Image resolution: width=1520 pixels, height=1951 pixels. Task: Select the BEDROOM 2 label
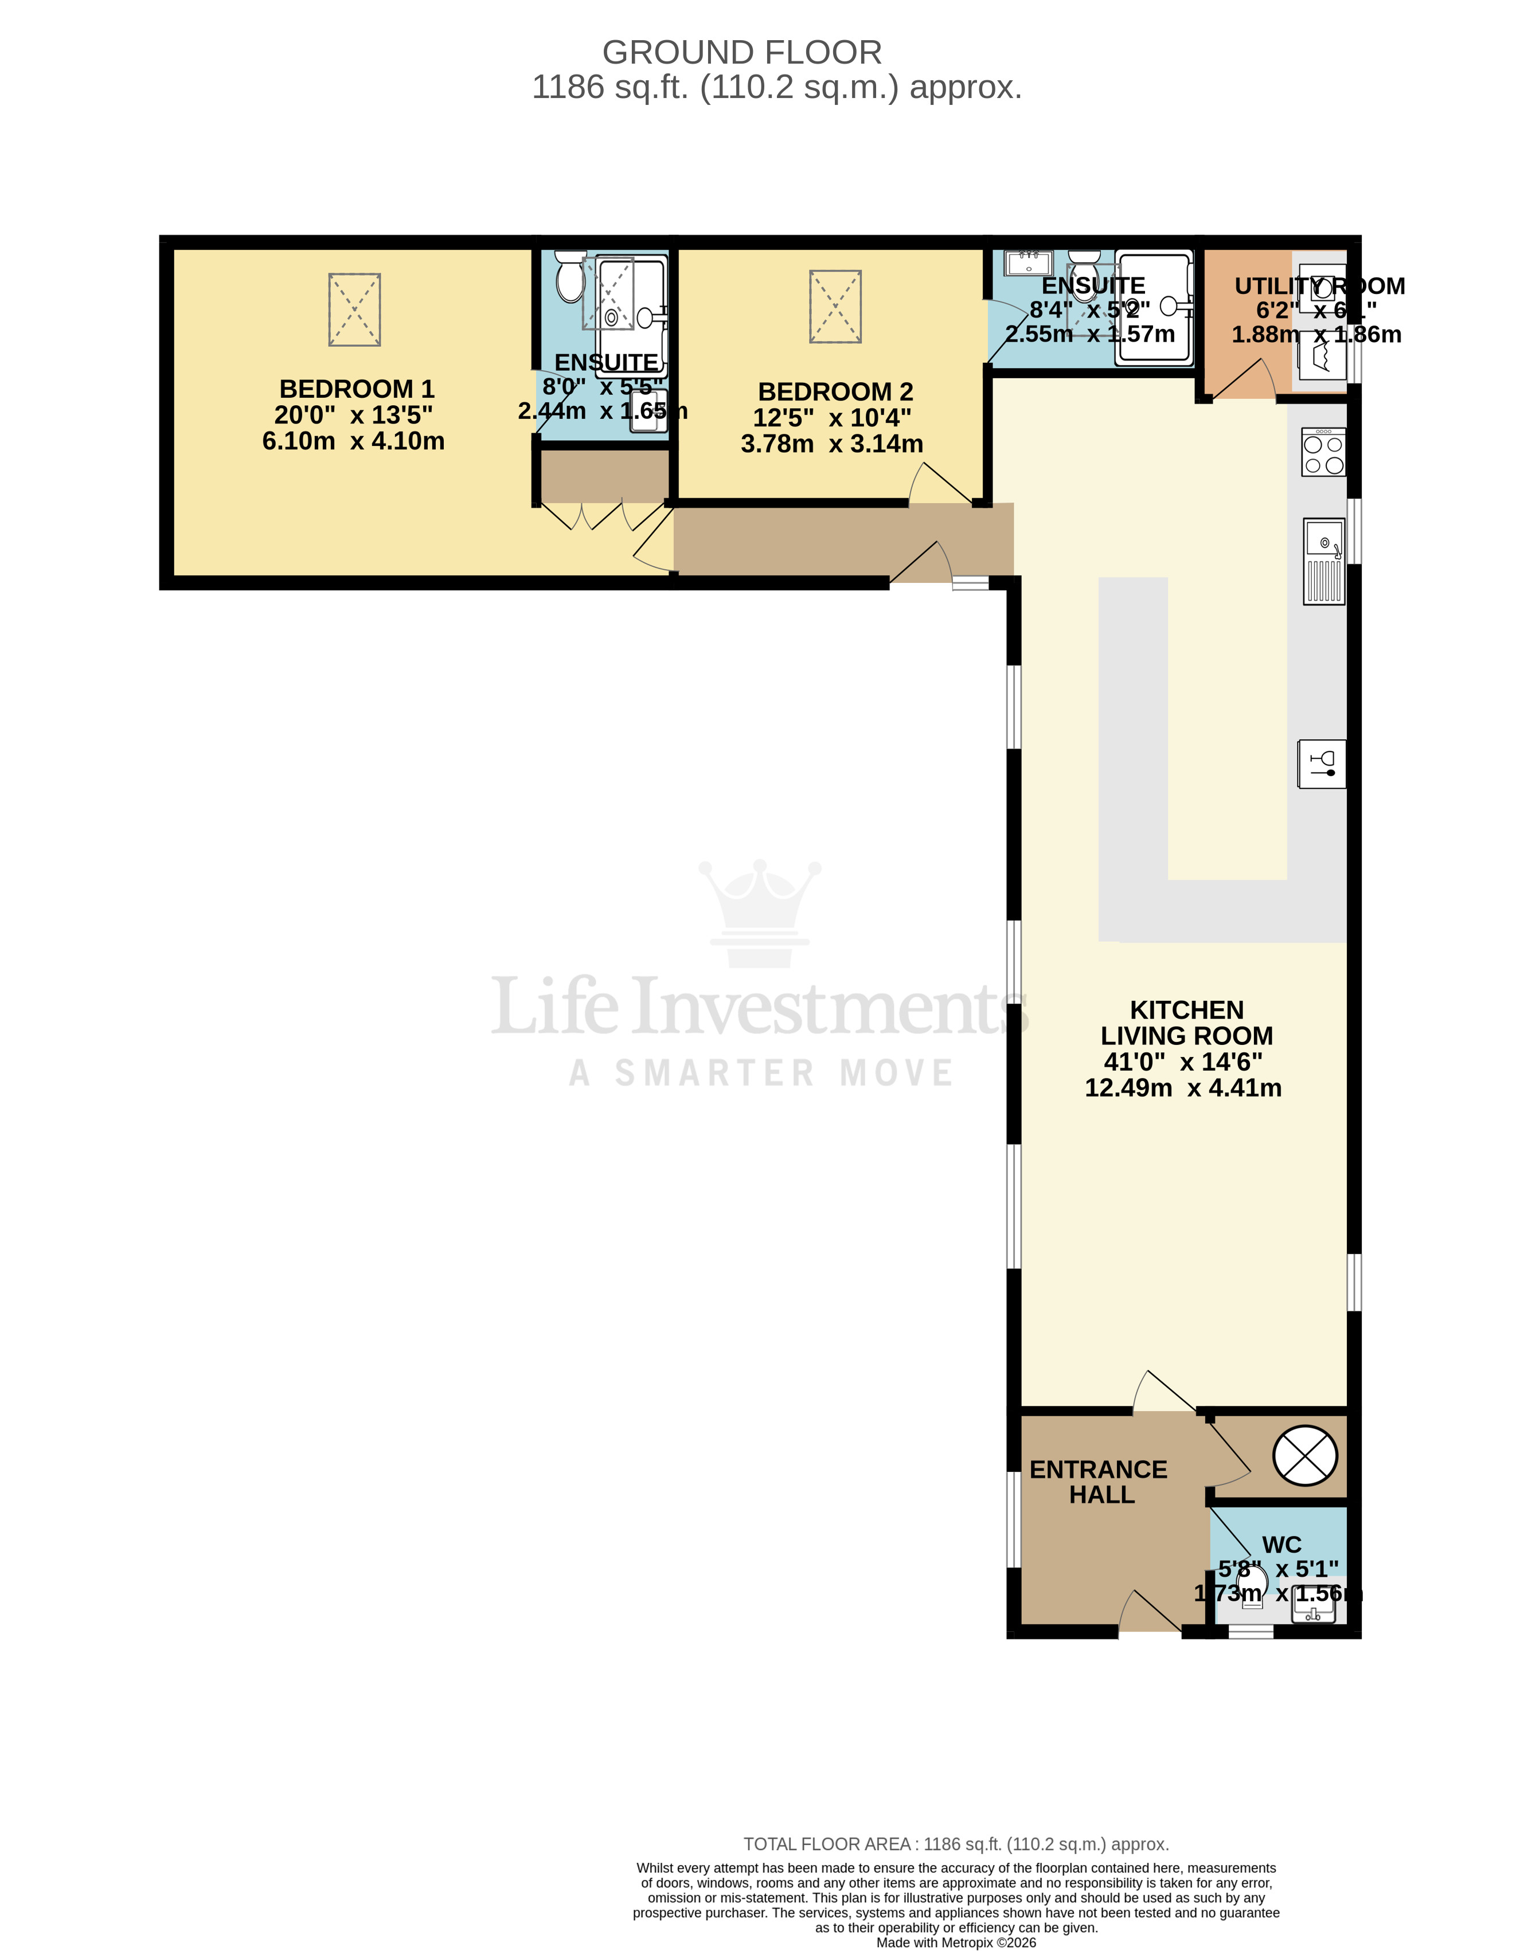[835, 391]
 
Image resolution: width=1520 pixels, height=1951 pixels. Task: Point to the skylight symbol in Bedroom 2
[835, 307]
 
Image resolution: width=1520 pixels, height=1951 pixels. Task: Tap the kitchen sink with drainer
[1323, 562]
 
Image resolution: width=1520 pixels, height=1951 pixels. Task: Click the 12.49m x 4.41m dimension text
[1182, 1087]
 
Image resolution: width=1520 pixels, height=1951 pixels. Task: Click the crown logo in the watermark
[760, 911]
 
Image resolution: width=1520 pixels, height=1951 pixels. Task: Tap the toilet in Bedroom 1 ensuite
[569, 276]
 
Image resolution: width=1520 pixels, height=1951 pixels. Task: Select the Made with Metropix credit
[955, 1942]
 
